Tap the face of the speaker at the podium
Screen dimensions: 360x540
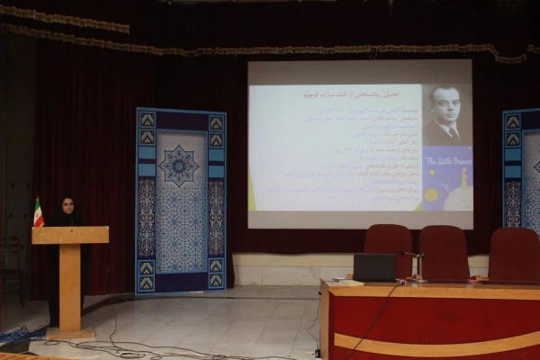(67, 206)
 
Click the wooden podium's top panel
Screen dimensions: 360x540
(70, 235)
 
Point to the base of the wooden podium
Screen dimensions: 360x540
(70, 333)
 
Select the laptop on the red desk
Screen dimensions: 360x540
(374, 267)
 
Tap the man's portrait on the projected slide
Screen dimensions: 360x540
(447, 114)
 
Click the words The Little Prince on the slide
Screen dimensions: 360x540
(447, 160)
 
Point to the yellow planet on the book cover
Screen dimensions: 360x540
(432, 194)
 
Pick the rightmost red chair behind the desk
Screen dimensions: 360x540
(514, 254)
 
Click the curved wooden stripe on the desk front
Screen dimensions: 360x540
(432, 346)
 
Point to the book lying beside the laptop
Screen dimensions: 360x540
(346, 283)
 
